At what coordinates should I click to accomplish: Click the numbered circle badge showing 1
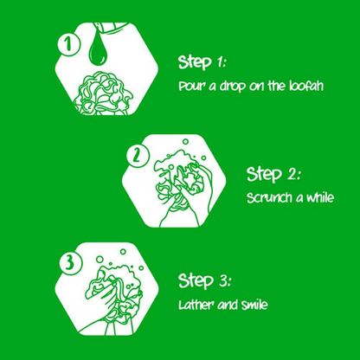coord(68,44)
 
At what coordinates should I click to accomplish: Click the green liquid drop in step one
coord(98,47)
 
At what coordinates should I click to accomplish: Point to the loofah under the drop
coord(103,93)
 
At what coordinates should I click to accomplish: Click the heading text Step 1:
coord(202,62)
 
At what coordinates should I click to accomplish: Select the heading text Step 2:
coord(273,174)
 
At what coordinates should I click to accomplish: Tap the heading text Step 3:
coord(204,280)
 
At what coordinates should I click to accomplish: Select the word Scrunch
coord(269,198)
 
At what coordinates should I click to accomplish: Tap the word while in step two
coord(319,197)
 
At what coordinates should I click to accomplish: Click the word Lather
coord(196,305)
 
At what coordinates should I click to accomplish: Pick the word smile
coord(254,305)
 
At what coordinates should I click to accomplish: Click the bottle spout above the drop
coord(110,27)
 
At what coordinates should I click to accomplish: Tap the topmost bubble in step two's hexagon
coord(185,141)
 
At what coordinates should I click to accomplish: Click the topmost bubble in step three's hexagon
coord(123,252)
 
